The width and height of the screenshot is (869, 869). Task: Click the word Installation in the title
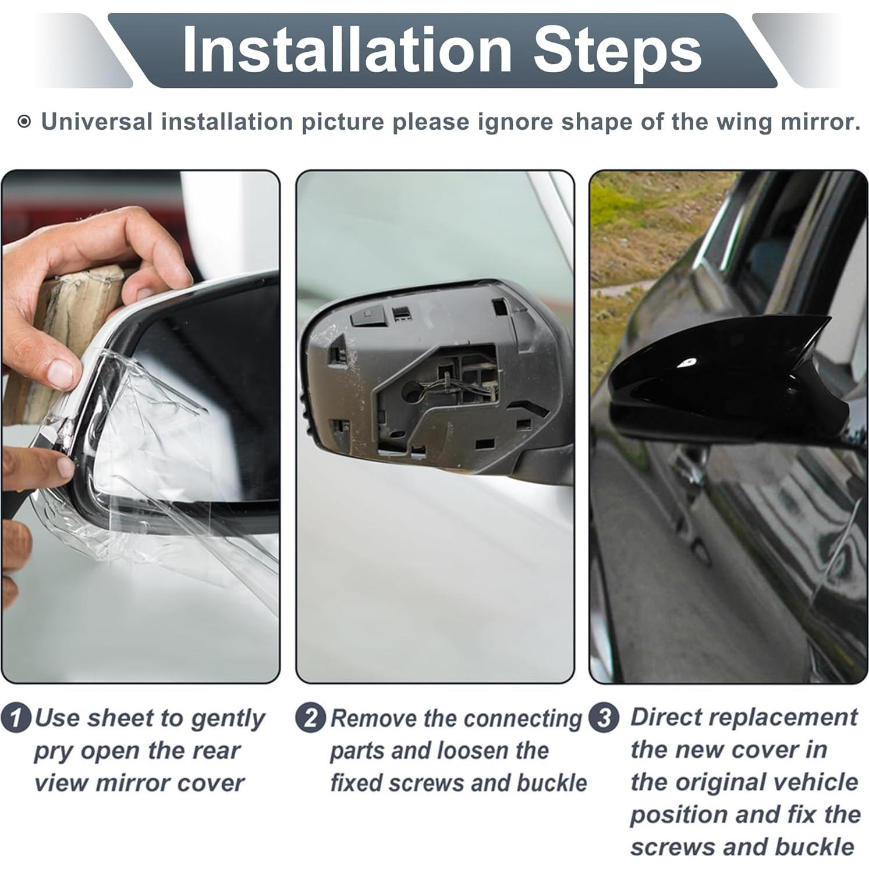[x=346, y=51]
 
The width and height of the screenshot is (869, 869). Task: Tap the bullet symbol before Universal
[x=24, y=122]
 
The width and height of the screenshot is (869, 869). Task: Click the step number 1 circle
[x=16, y=718]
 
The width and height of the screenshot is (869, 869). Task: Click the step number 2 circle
[x=310, y=718]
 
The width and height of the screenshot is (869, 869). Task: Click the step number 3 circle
[x=604, y=718]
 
